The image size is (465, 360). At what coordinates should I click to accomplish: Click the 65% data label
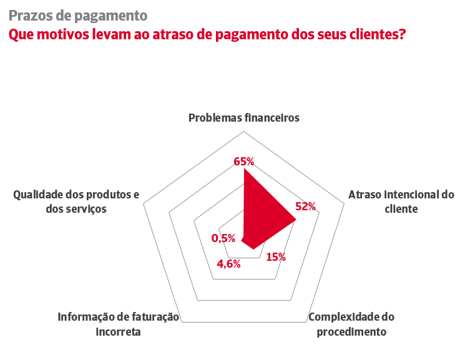[243, 162]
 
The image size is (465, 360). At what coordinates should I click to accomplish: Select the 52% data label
[305, 207]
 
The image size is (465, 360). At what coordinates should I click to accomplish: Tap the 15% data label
[275, 256]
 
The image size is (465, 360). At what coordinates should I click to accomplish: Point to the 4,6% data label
[228, 263]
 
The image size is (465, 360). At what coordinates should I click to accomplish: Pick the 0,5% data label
[223, 238]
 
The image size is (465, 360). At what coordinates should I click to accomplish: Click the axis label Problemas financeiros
[244, 117]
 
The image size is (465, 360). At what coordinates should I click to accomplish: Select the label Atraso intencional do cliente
[401, 202]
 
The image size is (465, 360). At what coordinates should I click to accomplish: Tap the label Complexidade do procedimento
[351, 324]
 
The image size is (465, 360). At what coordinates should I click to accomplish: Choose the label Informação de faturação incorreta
[118, 324]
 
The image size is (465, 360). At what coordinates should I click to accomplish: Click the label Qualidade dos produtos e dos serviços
[76, 202]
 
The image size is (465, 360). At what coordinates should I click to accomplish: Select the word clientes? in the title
[370, 34]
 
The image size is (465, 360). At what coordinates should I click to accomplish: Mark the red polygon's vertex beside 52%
[295, 219]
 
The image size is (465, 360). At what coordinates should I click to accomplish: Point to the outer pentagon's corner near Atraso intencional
[344, 203]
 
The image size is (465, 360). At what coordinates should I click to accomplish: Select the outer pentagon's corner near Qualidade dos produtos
[144, 203]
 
